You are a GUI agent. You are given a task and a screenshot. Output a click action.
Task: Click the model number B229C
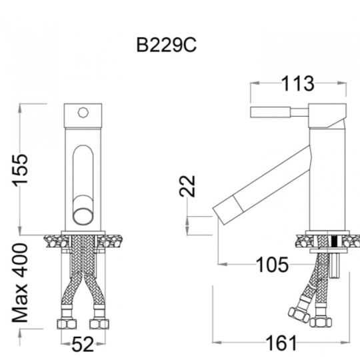click(167, 45)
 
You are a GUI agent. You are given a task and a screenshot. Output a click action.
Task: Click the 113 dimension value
click(298, 83)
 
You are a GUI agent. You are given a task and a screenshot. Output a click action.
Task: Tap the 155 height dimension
click(20, 170)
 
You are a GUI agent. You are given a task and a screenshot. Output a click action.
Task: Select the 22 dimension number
click(187, 186)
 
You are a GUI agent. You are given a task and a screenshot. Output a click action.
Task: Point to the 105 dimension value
click(272, 265)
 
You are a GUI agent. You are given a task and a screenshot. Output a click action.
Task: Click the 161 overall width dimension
click(281, 343)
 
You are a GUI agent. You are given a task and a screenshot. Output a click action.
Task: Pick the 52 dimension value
click(83, 344)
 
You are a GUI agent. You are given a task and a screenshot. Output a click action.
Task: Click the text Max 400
click(20, 283)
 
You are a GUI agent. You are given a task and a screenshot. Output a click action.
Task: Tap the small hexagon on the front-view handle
click(83, 113)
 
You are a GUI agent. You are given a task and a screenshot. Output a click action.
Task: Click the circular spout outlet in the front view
click(83, 217)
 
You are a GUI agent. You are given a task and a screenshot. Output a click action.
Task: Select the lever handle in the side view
click(279, 112)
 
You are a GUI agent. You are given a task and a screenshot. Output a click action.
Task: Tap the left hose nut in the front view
click(67, 324)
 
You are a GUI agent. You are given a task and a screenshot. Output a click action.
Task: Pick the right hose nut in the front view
click(99, 324)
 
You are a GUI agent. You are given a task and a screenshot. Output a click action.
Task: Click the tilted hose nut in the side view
click(299, 315)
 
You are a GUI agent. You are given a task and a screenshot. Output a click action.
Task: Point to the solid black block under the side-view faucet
click(334, 241)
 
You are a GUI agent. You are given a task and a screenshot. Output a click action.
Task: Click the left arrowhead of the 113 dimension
click(255, 83)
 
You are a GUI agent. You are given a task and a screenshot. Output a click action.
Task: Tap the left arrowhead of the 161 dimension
click(217, 343)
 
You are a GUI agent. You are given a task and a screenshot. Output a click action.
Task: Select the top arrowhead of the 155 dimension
click(20, 108)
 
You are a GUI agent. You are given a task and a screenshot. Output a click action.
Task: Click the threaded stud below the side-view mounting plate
click(334, 265)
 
